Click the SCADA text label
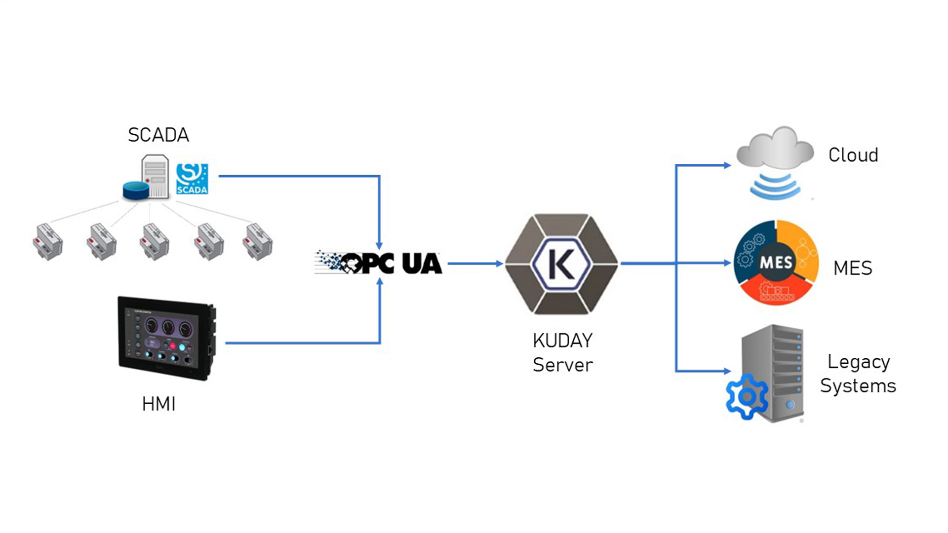pyautogui.click(x=158, y=135)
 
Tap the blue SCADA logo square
pyautogui.click(x=192, y=179)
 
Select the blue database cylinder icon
pyautogui.click(x=136, y=190)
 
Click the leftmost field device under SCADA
pyautogui.click(x=48, y=241)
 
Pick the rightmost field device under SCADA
pyautogui.click(x=257, y=241)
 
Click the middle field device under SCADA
pyautogui.click(x=155, y=241)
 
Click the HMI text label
pyautogui.click(x=158, y=404)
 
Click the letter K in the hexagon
pyautogui.click(x=561, y=264)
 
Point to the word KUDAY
pyautogui.click(x=562, y=341)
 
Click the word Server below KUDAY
pyautogui.click(x=562, y=365)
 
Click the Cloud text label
pyautogui.click(x=853, y=155)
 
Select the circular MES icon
pyautogui.click(x=776, y=263)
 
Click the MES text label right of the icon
pyautogui.click(x=852, y=268)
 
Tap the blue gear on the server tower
pyautogui.click(x=747, y=396)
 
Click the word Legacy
pyautogui.click(x=858, y=362)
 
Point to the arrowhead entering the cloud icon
pyautogui.click(x=727, y=165)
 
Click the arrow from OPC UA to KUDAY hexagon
pyautogui.click(x=474, y=264)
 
